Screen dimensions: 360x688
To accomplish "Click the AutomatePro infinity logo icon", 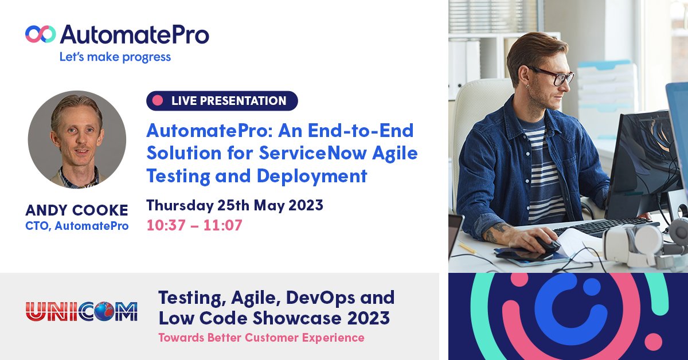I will pos(40,34).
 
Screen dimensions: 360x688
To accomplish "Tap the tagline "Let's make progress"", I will pos(115,57).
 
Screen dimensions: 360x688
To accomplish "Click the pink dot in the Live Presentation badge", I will pos(158,101).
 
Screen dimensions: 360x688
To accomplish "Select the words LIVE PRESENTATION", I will pos(229,101).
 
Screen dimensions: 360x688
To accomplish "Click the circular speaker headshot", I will pos(77,139).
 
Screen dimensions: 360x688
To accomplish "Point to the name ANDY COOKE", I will pos(77,210).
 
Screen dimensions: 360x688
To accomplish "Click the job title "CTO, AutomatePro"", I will pos(77,226).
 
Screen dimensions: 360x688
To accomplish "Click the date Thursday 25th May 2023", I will pos(234,205).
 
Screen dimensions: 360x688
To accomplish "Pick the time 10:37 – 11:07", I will pos(194,225).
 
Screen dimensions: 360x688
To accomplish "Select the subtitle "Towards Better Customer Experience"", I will pos(261,338).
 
